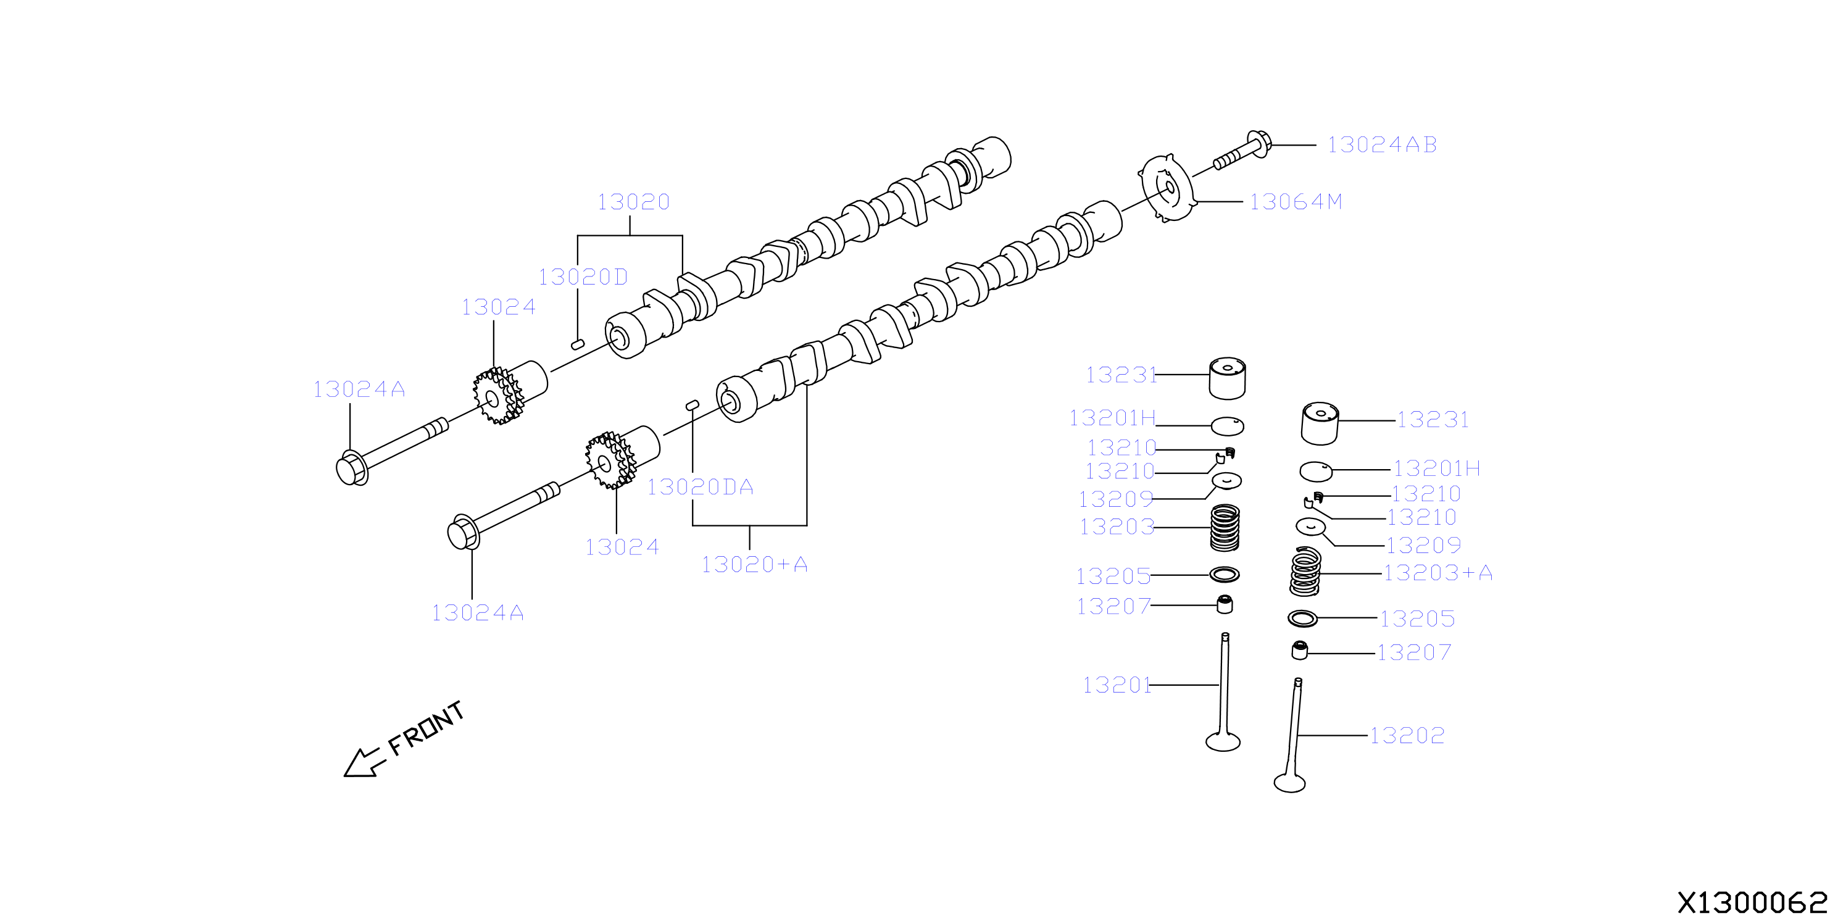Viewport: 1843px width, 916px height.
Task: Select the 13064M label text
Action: point(1296,202)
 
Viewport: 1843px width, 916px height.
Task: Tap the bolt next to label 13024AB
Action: point(1242,151)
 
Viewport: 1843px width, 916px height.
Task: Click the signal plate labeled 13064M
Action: point(1167,188)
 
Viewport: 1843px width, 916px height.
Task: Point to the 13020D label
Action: point(583,277)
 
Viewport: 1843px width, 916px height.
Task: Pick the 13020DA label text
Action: point(701,488)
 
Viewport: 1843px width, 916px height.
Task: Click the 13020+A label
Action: point(755,565)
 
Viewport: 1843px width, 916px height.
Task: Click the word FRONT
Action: point(426,728)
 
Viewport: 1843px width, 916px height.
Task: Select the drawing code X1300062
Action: point(1753,902)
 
